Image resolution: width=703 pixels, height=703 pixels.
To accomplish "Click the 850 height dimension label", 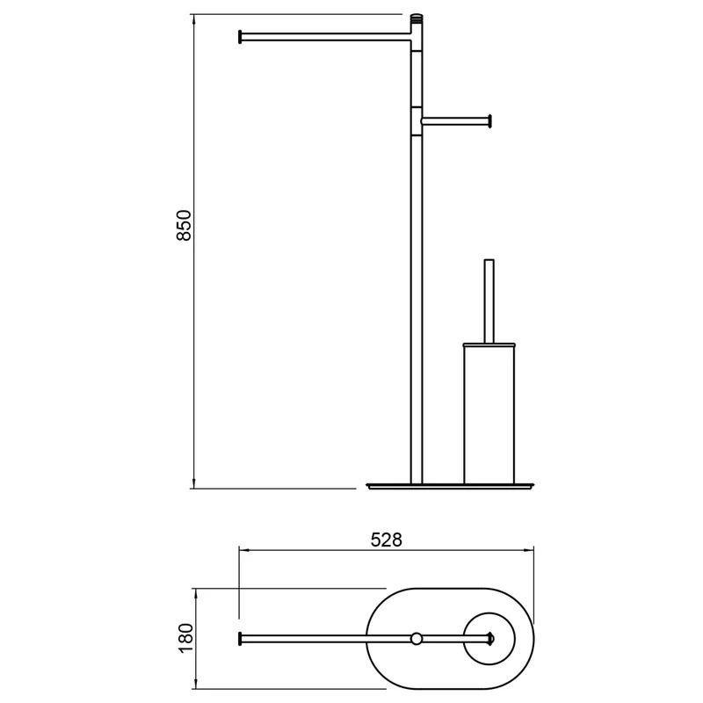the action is point(185,226).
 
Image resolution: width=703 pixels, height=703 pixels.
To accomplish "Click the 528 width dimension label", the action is point(387,540).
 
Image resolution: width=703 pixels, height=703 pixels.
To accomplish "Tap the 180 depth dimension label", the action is point(185,638).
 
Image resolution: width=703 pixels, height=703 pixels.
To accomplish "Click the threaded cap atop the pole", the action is point(417,18).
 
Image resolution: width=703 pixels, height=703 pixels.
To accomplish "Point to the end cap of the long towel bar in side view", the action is point(240,37).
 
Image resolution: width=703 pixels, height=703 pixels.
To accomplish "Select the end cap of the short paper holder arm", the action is point(490,121).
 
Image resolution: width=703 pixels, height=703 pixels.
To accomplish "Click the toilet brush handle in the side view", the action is point(489,301).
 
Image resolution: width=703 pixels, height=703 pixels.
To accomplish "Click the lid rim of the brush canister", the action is point(489,344).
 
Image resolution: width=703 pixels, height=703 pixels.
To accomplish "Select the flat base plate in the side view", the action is point(451,486).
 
